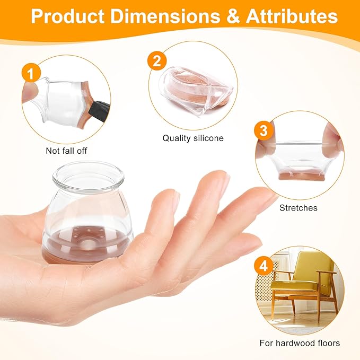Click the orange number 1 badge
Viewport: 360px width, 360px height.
tap(31, 73)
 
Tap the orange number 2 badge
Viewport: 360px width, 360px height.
tap(157, 61)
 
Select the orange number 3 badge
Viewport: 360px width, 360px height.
tap(264, 130)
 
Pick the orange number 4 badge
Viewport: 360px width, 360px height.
tap(264, 266)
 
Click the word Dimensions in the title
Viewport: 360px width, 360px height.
tap(165, 16)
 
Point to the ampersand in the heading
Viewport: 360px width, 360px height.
tap(233, 16)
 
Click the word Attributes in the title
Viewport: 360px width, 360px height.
tap(292, 16)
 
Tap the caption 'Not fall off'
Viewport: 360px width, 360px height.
tap(66, 151)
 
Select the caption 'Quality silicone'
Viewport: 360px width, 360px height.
tap(193, 138)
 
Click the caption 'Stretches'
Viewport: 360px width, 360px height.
tap(298, 208)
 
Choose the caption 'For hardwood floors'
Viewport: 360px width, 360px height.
tap(300, 343)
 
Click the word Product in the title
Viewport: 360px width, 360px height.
tap(67, 16)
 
